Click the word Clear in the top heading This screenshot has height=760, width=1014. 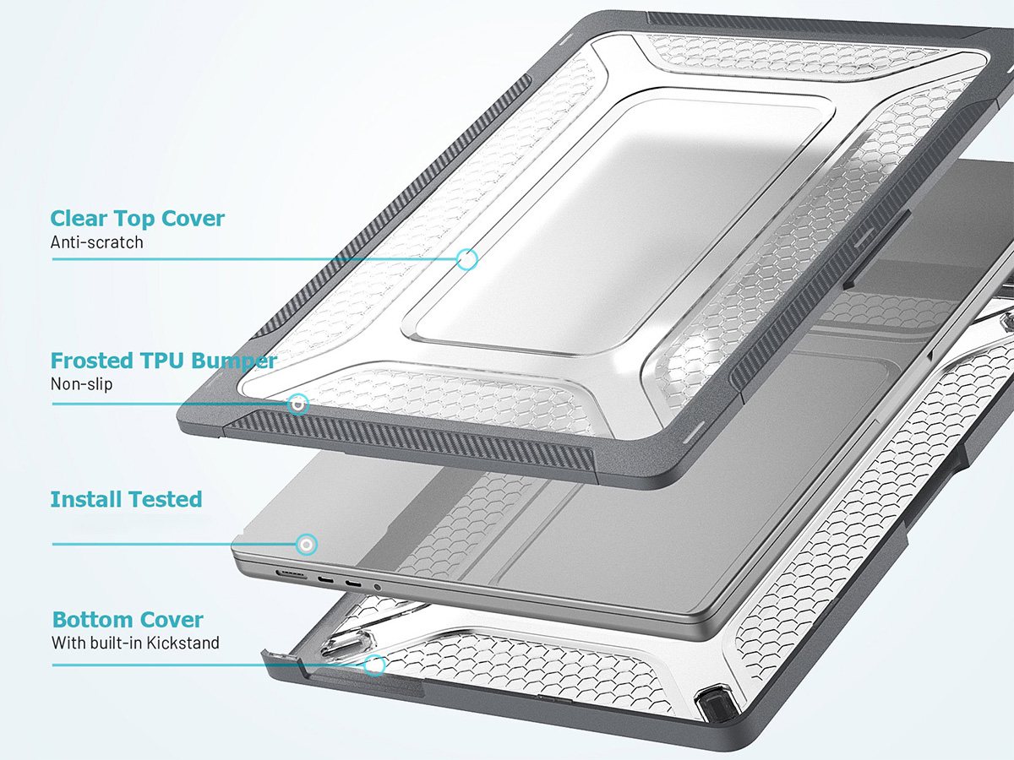(x=79, y=218)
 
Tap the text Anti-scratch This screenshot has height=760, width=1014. (x=96, y=242)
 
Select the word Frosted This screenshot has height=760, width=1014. (x=91, y=361)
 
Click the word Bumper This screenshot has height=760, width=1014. (x=234, y=361)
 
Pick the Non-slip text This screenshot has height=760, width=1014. (x=81, y=384)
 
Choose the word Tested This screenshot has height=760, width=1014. (x=164, y=499)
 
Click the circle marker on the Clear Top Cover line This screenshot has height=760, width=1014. (x=467, y=259)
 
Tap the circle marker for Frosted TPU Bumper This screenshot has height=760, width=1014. (x=298, y=404)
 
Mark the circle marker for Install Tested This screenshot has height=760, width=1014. (x=306, y=545)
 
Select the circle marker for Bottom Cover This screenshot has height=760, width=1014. (x=374, y=665)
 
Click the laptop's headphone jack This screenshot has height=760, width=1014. (x=378, y=588)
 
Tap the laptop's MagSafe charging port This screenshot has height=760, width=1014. (x=291, y=575)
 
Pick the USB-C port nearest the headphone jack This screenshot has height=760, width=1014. (x=353, y=584)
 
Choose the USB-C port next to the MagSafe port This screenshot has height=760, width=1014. (x=325, y=579)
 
